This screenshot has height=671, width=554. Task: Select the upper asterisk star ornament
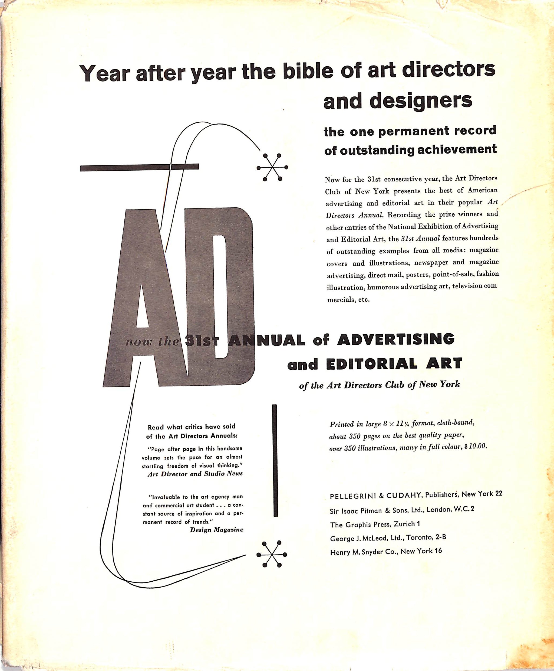(x=272, y=167)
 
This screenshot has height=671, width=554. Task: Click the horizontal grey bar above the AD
(x=140, y=167)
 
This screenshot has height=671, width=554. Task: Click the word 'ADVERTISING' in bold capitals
(x=396, y=339)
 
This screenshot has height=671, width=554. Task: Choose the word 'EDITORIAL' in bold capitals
(x=372, y=364)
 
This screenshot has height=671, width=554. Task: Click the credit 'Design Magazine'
(x=217, y=530)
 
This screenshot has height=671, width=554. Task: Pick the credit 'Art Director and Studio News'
(x=195, y=474)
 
